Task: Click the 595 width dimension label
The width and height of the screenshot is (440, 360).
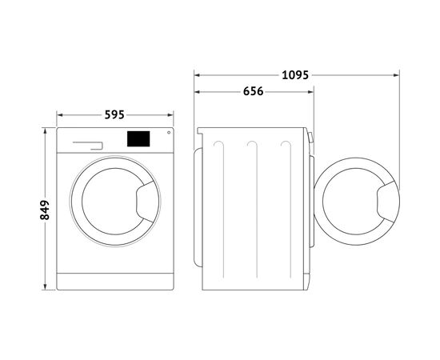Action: point(114,114)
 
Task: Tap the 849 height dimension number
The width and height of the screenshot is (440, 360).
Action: point(44,210)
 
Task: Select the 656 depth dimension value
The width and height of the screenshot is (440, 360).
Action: point(253,91)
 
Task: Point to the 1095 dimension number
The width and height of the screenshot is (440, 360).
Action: point(295,75)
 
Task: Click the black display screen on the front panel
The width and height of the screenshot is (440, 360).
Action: point(138,139)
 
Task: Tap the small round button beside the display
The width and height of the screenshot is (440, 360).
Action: point(169,133)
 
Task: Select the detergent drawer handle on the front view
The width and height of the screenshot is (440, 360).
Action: point(88,146)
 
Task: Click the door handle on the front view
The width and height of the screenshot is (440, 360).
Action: point(146,202)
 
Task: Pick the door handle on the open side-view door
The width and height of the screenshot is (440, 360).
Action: point(387,202)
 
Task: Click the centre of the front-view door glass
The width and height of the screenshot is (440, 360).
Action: point(112,202)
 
